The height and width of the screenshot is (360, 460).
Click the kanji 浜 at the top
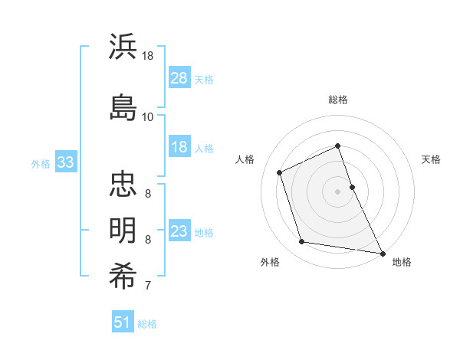point(123,47)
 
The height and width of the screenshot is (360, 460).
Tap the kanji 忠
point(123,184)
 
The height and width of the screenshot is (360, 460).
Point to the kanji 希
point(123,277)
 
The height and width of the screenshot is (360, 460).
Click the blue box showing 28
point(179,78)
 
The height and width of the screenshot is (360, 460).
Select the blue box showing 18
point(179,148)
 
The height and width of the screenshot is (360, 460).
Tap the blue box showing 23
point(179,231)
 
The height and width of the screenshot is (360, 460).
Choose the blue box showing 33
point(64,162)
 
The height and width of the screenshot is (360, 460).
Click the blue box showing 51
point(123,322)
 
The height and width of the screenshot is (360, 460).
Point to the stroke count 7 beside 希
point(147,286)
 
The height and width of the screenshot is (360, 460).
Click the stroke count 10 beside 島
point(147,116)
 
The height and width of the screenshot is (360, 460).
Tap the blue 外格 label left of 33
point(41,163)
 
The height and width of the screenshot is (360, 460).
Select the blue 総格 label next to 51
point(147,324)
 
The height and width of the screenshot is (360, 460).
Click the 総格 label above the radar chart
point(338,100)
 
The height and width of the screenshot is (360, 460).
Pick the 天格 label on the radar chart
point(431,159)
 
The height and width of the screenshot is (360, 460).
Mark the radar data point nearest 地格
point(383,253)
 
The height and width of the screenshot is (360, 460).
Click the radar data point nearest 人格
point(280,172)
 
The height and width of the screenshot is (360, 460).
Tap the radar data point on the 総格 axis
point(338,146)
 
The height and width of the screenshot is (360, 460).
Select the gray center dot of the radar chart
point(338,191)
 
